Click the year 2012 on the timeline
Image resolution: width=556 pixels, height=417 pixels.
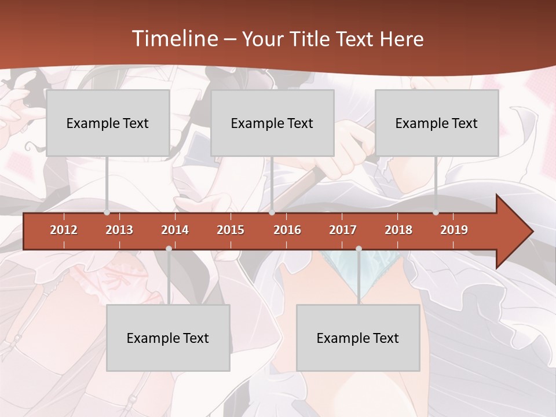tap(64, 230)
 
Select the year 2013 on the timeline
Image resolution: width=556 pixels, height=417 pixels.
tap(119, 230)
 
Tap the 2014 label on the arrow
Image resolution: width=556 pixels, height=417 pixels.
tap(175, 230)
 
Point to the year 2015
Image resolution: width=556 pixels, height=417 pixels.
tap(231, 230)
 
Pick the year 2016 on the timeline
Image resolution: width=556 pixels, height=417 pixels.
tap(287, 230)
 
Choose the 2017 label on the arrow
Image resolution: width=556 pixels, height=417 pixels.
tap(343, 230)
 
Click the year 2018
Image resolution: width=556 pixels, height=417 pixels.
tap(398, 230)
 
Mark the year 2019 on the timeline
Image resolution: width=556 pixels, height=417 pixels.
tap(454, 230)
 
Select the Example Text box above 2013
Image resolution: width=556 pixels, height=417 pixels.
tap(108, 123)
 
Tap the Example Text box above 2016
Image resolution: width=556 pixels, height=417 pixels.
tap(272, 123)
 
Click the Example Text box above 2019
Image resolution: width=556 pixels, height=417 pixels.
tap(437, 123)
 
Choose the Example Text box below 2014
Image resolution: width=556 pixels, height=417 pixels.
tap(168, 338)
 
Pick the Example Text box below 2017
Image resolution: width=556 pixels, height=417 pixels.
tap(358, 338)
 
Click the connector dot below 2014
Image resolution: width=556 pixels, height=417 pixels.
tap(169, 248)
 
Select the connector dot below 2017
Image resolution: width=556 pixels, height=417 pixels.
tap(359, 248)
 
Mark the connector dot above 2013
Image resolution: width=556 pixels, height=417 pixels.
tap(107, 213)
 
